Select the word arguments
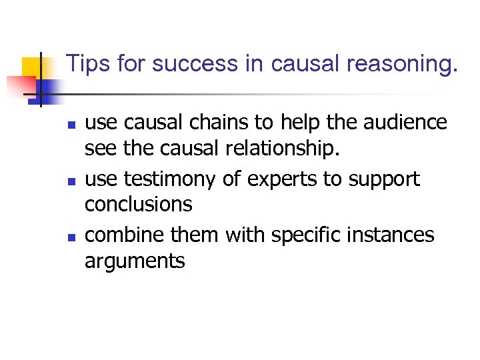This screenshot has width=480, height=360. (x=135, y=261)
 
